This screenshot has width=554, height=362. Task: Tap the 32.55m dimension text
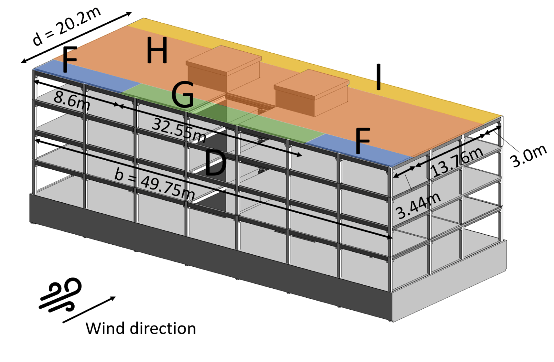point(179,130)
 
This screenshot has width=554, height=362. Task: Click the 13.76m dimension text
point(457,162)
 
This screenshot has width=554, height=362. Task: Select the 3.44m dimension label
point(418,206)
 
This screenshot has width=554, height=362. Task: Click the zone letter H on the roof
point(157,51)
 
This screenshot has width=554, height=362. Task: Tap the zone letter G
point(183,95)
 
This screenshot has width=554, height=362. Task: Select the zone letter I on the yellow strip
point(378,77)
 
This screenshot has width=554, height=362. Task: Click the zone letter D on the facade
point(215,163)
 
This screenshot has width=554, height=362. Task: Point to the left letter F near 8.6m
point(70,60)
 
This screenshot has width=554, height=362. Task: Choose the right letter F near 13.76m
point(362,141)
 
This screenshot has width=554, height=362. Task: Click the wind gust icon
point(61,295)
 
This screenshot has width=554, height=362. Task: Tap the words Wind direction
point(141,329)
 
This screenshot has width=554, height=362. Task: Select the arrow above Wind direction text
point(89,310)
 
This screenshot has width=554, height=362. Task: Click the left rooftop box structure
point(224,69)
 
